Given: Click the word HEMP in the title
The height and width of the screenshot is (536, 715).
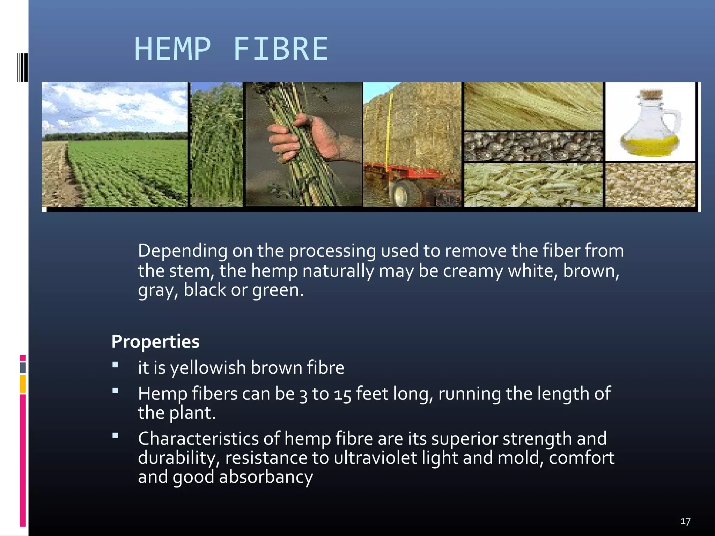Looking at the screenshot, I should click(173, 49).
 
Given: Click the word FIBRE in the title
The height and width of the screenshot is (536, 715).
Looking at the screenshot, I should click(280, 49).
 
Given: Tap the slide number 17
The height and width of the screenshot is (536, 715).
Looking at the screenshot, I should click(685, 521).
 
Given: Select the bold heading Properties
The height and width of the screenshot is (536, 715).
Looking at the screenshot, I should click(155, 341).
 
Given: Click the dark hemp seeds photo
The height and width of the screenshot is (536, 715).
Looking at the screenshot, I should click(533, 147).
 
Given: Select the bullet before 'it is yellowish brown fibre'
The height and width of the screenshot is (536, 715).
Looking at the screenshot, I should click(115, 365).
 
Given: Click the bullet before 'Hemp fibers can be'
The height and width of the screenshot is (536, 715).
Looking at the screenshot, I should click(115, 391).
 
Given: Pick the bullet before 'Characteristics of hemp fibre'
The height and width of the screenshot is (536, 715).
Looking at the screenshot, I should click(115, 435).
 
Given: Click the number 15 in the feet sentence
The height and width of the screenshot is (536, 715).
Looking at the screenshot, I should click(342, 394).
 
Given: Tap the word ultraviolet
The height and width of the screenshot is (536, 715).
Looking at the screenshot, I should click(375, 458).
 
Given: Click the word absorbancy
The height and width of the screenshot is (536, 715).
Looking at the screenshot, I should click(266, 477).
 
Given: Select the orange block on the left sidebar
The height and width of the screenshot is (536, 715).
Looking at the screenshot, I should click(23, 384).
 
